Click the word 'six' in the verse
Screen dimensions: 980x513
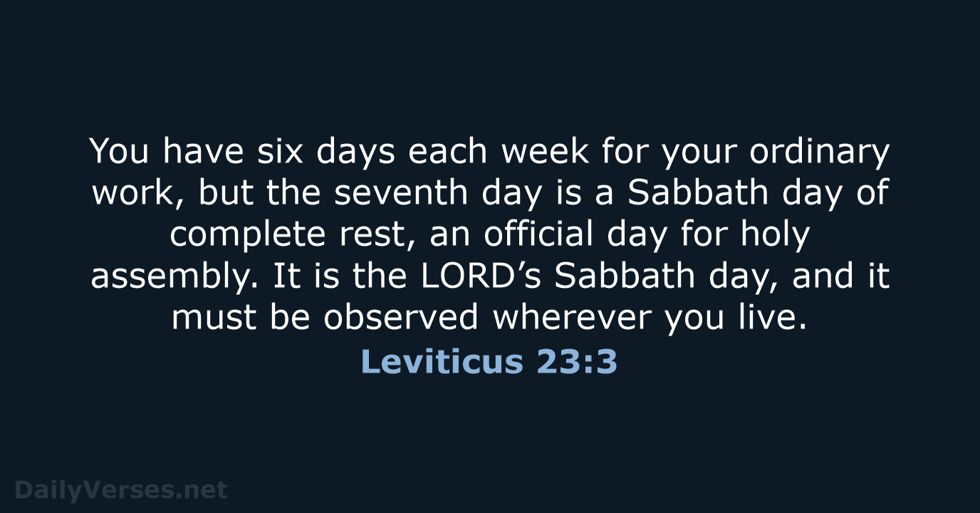coord(280,152)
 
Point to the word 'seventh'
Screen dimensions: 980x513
coord(401,192)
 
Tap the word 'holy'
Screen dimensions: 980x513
coord(776,237)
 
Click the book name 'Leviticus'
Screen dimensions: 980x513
coord(442,362)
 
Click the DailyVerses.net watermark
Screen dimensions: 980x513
coord(121,489)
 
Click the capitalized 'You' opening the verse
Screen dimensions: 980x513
coord(120,152)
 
